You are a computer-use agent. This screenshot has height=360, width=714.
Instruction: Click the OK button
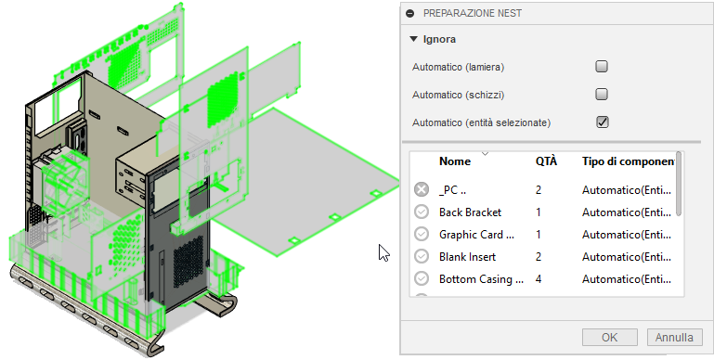pos(609,337)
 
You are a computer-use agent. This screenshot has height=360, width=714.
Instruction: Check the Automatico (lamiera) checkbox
pos(602,67)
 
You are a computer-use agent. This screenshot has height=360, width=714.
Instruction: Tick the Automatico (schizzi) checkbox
pos(602,95)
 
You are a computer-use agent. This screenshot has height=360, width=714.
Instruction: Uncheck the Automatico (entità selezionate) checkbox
pos(602,122)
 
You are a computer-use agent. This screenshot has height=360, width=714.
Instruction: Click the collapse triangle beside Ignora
pos(413,39)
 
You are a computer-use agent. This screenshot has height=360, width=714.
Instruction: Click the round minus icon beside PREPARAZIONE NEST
pos(409,14)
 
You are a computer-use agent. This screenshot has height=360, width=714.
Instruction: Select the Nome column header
pos(455,161)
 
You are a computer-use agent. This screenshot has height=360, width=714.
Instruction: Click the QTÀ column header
pos(546,161)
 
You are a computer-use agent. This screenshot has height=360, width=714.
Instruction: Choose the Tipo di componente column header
pos(628,161)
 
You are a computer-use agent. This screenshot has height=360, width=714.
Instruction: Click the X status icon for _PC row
pos(422,189)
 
